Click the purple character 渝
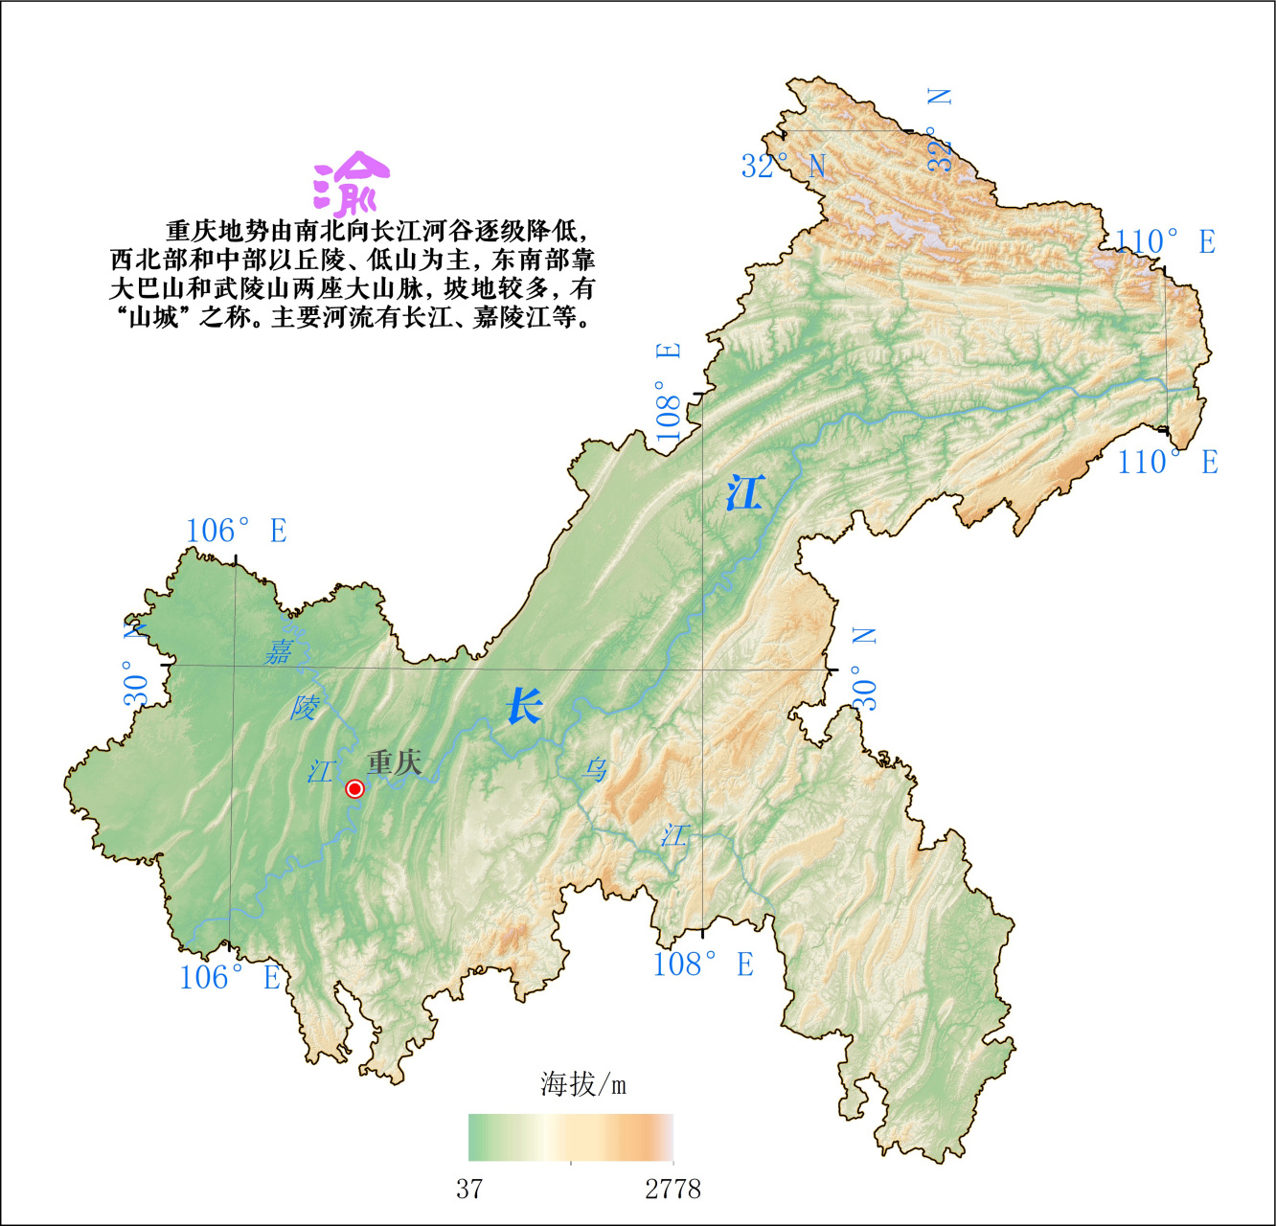click(351, 183)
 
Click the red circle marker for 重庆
click(354, 788)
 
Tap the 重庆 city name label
click(394, 762)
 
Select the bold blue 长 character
click(524, 707)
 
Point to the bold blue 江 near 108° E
click(744, 493)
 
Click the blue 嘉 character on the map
click(279, 651)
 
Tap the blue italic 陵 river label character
click(305, 708)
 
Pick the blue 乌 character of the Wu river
click(595, 768)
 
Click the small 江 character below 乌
click(674, 835)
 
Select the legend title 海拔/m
click(582, 1084)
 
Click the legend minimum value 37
click(469, 1190)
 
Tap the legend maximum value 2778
click(672, 1190)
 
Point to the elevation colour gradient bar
click(571, 1137)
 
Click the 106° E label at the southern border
click(230, 977)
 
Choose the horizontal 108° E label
click(703, 964)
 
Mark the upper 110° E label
click(1165, 241)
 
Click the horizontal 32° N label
click(783, 166)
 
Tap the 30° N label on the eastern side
click(864, 669)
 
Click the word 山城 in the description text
click(154, 317)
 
